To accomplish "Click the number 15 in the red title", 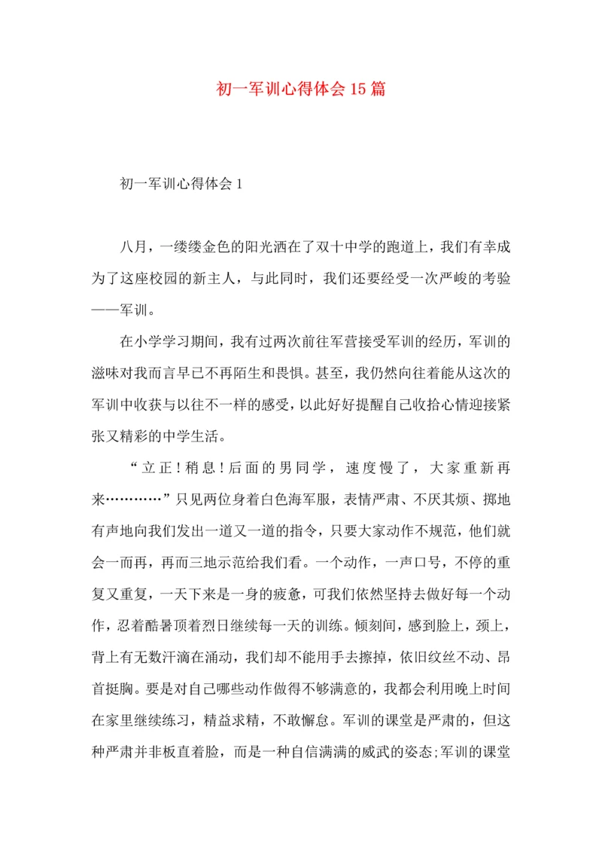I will (x=358, y=90).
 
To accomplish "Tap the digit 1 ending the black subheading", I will (x=238, y=185).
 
